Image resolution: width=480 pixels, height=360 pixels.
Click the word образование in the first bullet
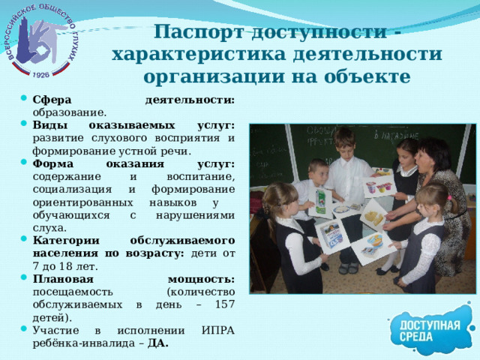(64, 112)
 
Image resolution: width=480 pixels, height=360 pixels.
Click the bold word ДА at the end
(158, 343)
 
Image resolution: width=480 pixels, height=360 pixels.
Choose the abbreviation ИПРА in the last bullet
(217, 331)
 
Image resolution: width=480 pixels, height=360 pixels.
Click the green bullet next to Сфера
(25, 100)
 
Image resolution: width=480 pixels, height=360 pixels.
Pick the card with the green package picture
(320, 202)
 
